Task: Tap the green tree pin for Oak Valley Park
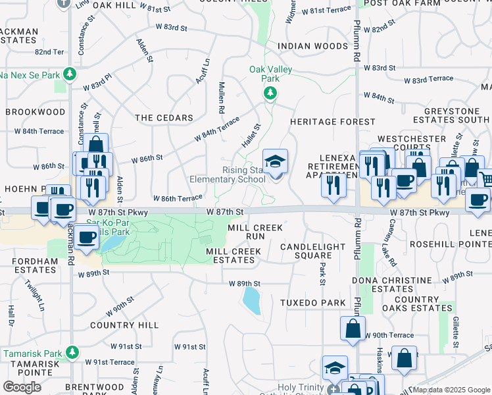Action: pyautogui.click(x=270, y=94)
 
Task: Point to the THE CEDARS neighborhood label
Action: pyautogui.click(x=164, y=118)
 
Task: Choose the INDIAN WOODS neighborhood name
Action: pyautogui.click(x=312, y=46)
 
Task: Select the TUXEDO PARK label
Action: pyautogui.click(x=312, y=303)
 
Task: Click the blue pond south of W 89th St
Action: pyautogui.click(x=251, y=301)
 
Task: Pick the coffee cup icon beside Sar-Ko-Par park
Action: pyautogui.click(x=86, y=238)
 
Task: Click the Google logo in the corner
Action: pyautogui.click(x=22, y=386)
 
